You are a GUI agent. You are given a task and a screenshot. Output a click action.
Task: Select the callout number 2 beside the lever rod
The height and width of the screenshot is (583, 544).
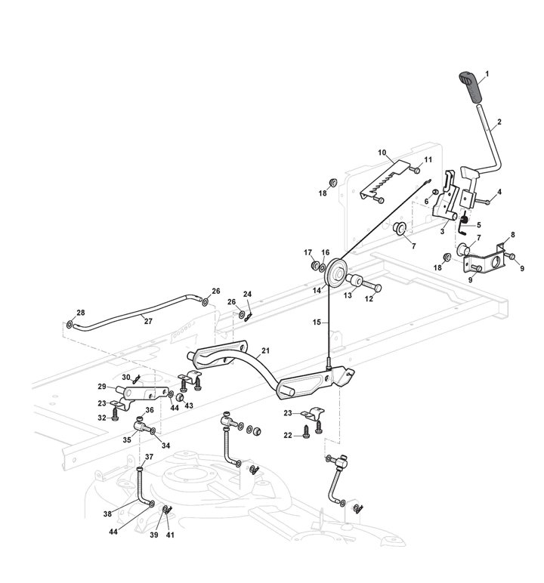coord(498,122)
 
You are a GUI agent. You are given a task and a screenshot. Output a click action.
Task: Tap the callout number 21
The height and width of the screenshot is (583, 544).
coord(265,351)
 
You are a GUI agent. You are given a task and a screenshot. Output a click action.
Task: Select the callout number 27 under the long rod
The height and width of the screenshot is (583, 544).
coord(148,321)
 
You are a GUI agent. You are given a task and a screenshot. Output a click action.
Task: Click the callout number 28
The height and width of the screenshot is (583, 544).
coord(81,313)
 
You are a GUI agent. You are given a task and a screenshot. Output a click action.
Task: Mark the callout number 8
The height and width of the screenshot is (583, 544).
coord(513,236)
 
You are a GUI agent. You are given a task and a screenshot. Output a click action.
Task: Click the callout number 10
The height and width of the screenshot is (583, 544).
coord(382,152)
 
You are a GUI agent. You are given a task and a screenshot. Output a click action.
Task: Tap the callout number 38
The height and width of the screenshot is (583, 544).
coord(108,514)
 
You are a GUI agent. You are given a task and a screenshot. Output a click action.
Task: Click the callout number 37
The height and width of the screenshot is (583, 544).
coord(149,457)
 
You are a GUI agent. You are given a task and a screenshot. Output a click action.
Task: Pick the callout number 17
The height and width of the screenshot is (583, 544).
coord(308,252)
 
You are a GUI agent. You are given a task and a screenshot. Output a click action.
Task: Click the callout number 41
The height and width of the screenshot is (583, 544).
coord(169,535)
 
